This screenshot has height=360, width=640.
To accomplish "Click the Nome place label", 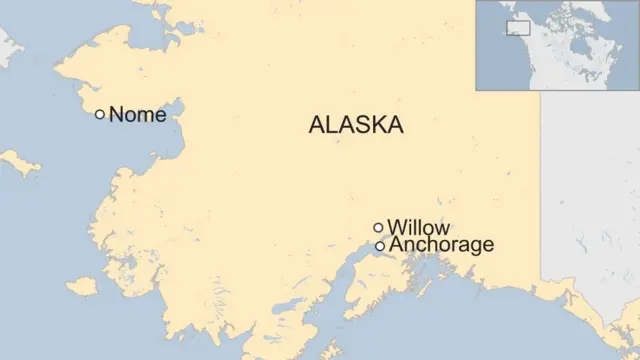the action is pyautogui.click(x=137, y=114).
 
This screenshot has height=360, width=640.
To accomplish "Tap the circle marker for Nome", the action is pyautogui.click(x=100, y=114).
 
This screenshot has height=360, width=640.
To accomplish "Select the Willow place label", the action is pyautogui.click(x=418, y=227).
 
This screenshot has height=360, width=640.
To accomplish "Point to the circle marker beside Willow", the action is pyautogui.click(x=378, y=227).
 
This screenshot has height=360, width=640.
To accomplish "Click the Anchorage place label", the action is pyautogui.click(x=441, y=245).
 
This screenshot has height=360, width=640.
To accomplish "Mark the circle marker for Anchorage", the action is pyautogui.click(x=380, y=246).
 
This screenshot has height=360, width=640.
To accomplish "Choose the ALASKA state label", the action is pyautogui.click(x=356, y=125).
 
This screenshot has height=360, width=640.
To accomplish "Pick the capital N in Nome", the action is pyautogui.click(x=116, y=114).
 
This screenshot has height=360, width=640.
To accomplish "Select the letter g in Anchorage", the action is pyautogui.click(x=468, y=247).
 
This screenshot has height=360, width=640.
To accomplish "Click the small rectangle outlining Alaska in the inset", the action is pyautogui.click(x=518, y=28).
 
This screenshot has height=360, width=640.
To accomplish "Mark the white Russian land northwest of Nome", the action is pyautogui.click(x=8, y=45).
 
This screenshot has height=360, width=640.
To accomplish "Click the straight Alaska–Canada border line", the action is pyautogui.click(x=541, y=180).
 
